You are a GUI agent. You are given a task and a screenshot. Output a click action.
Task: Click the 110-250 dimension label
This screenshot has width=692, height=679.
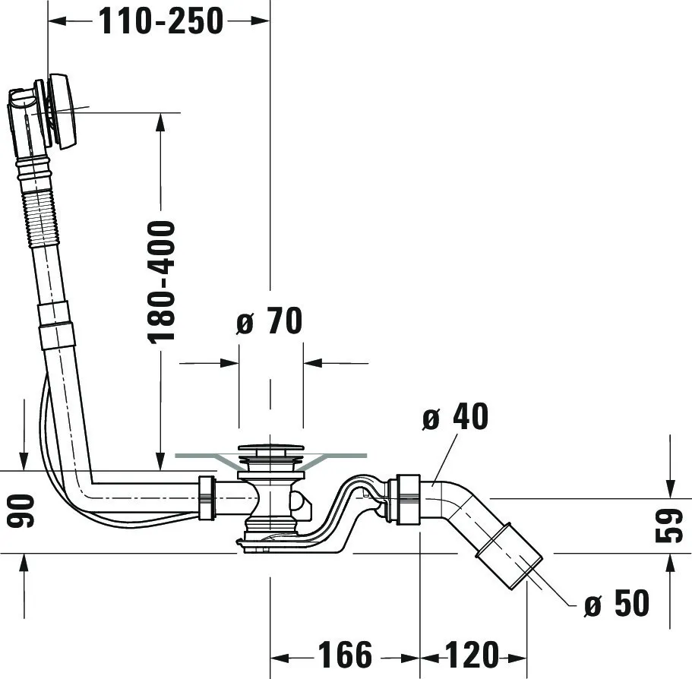point(160,21)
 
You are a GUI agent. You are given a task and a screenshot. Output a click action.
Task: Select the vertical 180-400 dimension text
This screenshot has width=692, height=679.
point(161,281)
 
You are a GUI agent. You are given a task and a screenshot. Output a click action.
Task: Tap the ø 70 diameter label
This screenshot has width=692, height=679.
point(269,322)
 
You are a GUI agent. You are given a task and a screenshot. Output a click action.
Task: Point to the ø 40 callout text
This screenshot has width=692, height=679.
point(455,416)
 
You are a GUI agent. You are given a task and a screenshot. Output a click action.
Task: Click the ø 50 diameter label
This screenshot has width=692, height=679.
point(617,604)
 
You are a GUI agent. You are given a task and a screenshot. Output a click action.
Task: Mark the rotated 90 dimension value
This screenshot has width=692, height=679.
point(22,510)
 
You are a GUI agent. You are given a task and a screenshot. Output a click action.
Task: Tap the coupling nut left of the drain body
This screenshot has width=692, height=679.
point(204,497)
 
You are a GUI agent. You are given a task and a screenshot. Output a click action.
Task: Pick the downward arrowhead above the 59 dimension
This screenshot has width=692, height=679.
point(669,486)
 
